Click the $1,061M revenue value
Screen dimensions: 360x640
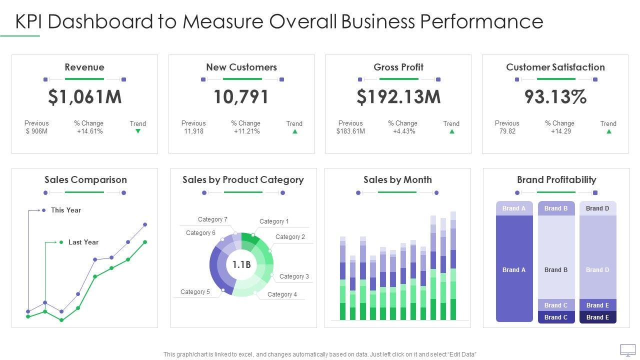[84, 97]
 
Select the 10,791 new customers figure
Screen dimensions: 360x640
[241, 97]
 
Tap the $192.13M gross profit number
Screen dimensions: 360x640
[398, 97]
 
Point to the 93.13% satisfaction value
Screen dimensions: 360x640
[555, 97]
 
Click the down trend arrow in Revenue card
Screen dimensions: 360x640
[138, 131]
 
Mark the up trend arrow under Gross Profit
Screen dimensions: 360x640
[451, 131]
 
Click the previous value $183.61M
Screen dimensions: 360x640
[350, 131]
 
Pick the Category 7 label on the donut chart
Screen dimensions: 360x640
[212, 219]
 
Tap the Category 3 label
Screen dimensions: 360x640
[294, 276]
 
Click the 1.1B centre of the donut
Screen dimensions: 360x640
[241, 264]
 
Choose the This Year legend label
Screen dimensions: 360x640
[66, 210]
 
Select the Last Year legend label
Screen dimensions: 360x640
[83, 242]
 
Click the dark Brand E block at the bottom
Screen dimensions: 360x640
[597, 317]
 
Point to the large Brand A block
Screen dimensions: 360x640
[514, 270]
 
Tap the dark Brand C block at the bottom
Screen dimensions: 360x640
[556, 317]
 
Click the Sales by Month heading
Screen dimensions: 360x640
[397, 180]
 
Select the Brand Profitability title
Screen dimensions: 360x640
[556, 180]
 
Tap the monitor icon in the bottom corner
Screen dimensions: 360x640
[627, 349]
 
